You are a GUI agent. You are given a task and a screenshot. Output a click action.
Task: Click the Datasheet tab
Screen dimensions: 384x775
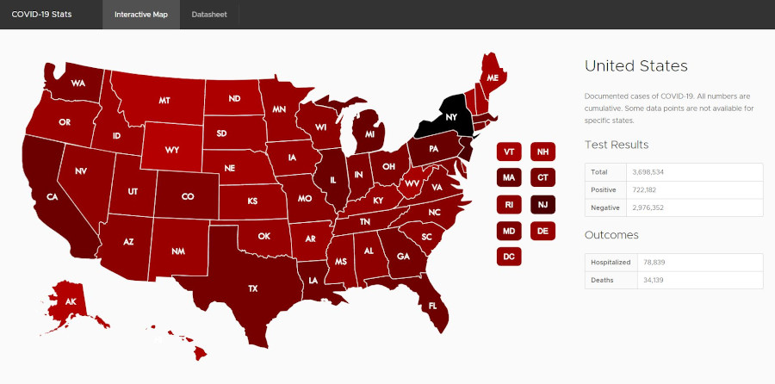209,15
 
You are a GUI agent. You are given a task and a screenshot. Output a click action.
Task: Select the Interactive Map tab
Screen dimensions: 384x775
141,15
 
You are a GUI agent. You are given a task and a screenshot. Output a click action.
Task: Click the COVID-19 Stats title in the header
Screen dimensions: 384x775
41,15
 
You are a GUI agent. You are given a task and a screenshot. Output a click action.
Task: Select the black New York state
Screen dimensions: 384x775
449,118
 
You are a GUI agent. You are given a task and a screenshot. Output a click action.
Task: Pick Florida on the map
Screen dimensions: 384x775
433,306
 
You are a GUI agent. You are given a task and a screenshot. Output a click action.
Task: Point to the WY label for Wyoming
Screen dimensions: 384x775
172,150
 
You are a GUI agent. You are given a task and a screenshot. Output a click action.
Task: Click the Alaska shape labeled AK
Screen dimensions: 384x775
71,301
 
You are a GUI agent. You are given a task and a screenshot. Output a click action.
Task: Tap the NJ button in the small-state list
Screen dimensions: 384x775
542,204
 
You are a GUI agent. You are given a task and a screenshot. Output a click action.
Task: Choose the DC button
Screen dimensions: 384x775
509,257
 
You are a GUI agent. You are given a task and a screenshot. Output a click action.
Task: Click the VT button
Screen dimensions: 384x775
509,152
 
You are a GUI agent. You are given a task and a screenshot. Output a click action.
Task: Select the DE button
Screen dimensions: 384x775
542,231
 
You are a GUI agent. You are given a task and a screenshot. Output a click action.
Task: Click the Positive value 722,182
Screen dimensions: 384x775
647,189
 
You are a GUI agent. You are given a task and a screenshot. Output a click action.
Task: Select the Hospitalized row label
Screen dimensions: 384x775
611,262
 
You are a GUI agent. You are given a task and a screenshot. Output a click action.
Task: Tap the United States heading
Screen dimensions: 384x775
635,66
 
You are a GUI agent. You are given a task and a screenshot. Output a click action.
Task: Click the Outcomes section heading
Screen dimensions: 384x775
611,234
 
